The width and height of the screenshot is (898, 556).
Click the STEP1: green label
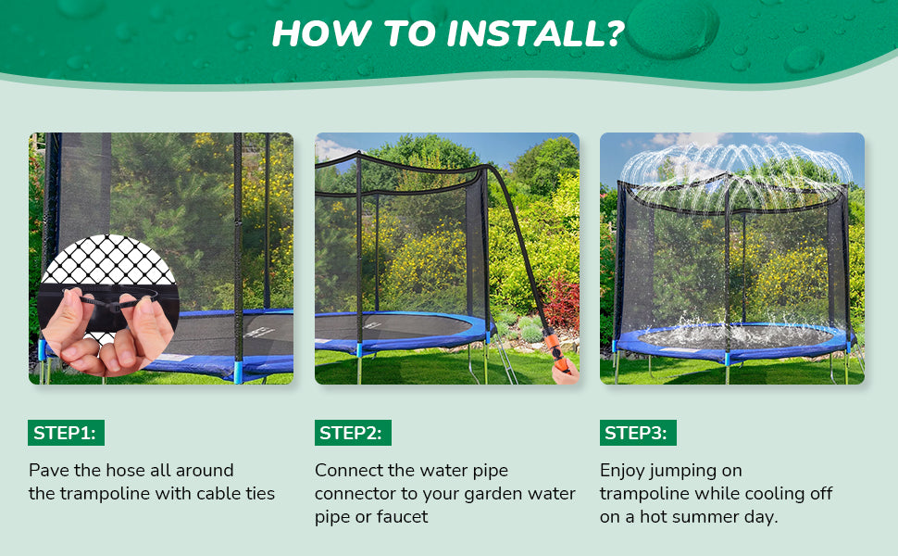coord(66,433)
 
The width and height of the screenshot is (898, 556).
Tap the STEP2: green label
coord(353,433)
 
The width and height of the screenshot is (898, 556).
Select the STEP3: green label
coord(638,433)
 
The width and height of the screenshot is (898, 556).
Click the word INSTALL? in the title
coord(535,33)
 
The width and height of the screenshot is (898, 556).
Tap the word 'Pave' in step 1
coord(49,471)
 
